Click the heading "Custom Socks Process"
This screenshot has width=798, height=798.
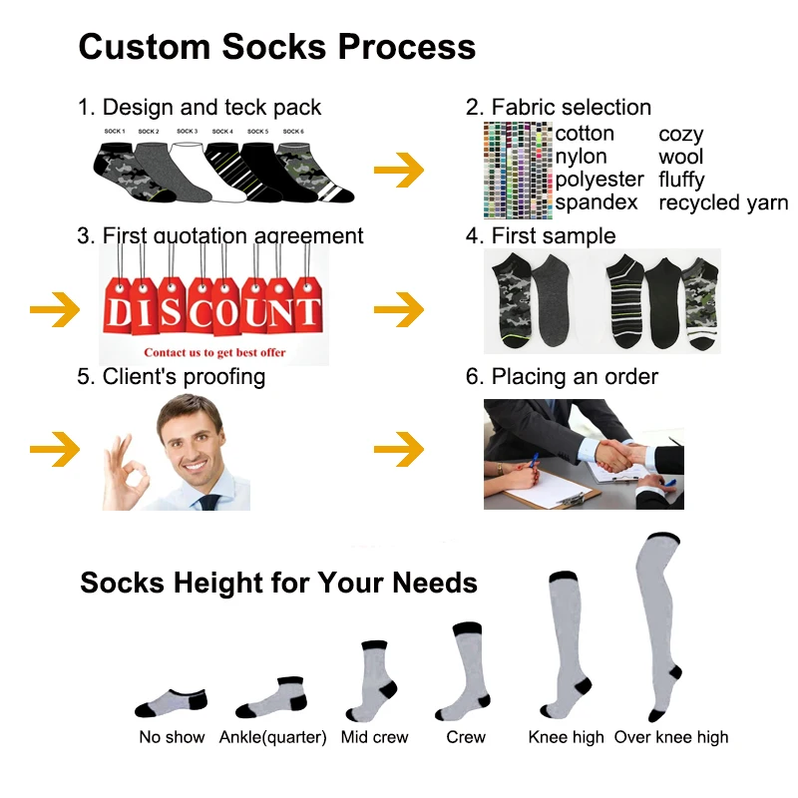click(276, 47)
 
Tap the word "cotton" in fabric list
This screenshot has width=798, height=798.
click(585, 134)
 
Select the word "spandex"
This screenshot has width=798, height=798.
click(597, 202)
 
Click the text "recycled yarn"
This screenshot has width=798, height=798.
click(723, 203)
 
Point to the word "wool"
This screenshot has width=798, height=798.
click(680, 157)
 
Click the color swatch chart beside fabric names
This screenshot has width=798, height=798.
click(517, 170)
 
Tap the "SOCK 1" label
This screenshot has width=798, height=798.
click(115, 132)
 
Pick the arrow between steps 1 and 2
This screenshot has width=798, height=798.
click(399, 171)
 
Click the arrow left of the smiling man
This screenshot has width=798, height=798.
click(54, 450)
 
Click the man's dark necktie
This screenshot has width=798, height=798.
click(208, 501)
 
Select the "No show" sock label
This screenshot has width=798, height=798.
click(172, 737)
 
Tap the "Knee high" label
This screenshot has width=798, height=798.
click(566, 737)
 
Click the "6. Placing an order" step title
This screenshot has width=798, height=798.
click(575, 376)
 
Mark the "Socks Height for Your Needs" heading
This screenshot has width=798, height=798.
click(278, 583)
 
